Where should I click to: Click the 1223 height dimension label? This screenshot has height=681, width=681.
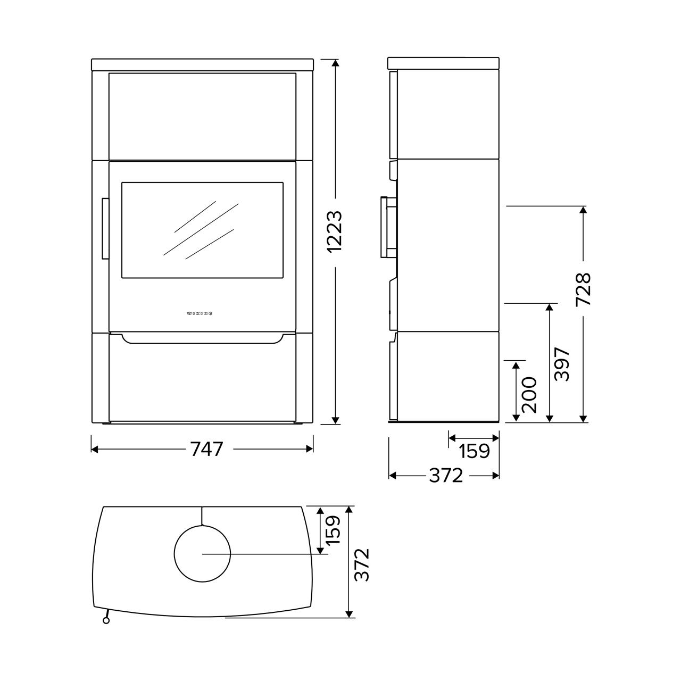[335, 231]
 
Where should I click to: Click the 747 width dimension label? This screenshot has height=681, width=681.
[207, 449]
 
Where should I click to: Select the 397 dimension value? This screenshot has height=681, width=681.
[562, 364]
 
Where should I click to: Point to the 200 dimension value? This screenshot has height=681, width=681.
[529, 395]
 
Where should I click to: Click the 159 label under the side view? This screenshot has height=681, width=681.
[474, 451]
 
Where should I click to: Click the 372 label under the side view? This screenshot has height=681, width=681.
[446, 475]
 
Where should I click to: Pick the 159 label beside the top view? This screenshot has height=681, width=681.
[333, 530]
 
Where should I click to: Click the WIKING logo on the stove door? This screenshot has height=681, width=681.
[200, 313]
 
